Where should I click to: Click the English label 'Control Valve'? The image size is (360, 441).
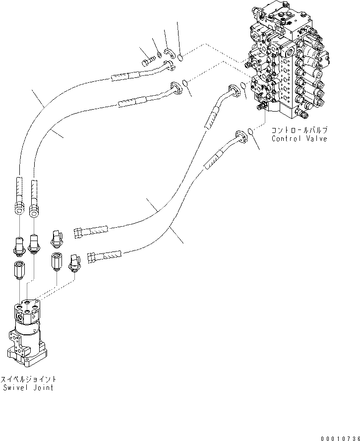point(299,139)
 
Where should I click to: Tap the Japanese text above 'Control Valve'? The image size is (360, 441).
point(299,130)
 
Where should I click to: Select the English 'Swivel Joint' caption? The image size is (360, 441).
point(27,387)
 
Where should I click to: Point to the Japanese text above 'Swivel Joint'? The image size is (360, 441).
point(27,379)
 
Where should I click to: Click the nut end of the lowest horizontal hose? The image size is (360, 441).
point(91,257)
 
